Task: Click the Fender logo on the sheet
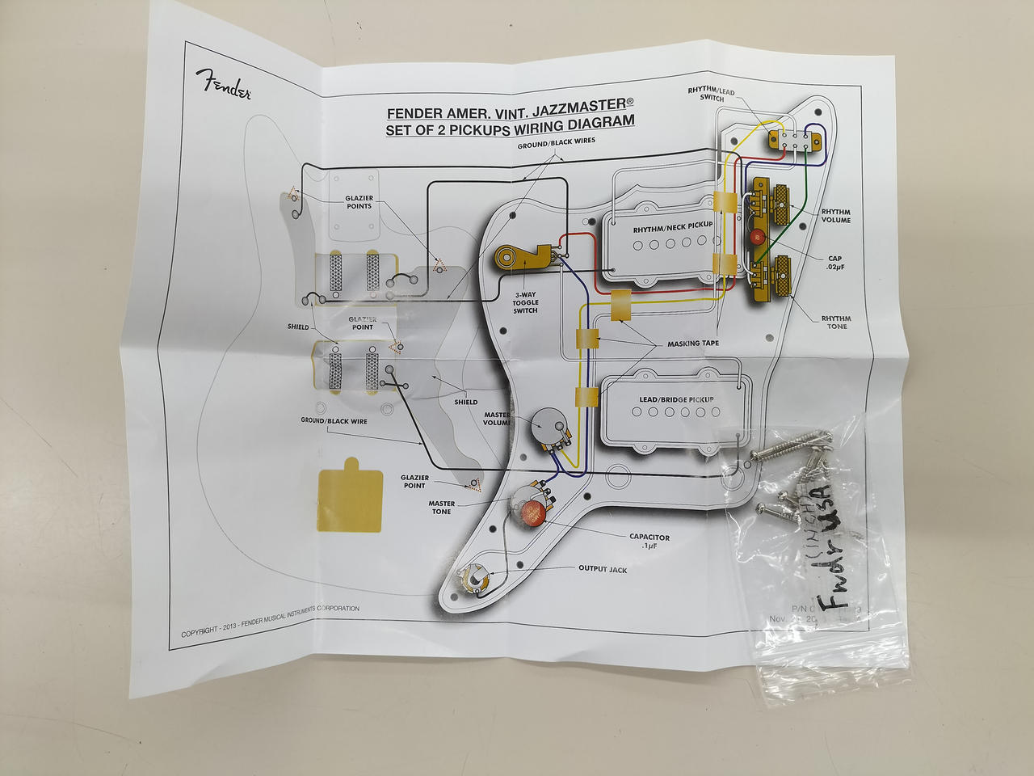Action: pos(223,83)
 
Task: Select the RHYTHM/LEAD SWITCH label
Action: pos(711,95)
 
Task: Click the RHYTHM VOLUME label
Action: pos(836,215)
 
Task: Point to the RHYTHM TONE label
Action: pos(836,323)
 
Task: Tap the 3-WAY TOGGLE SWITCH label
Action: pos(525,303)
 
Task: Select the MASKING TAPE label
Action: pos(692,344)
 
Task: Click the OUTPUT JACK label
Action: pos(603,569)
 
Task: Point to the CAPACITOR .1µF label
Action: pos(649,541)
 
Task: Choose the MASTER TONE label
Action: pos(441,507)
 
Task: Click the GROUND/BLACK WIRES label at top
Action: pos(557,142)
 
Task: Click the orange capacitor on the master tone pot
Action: pos(531,512)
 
